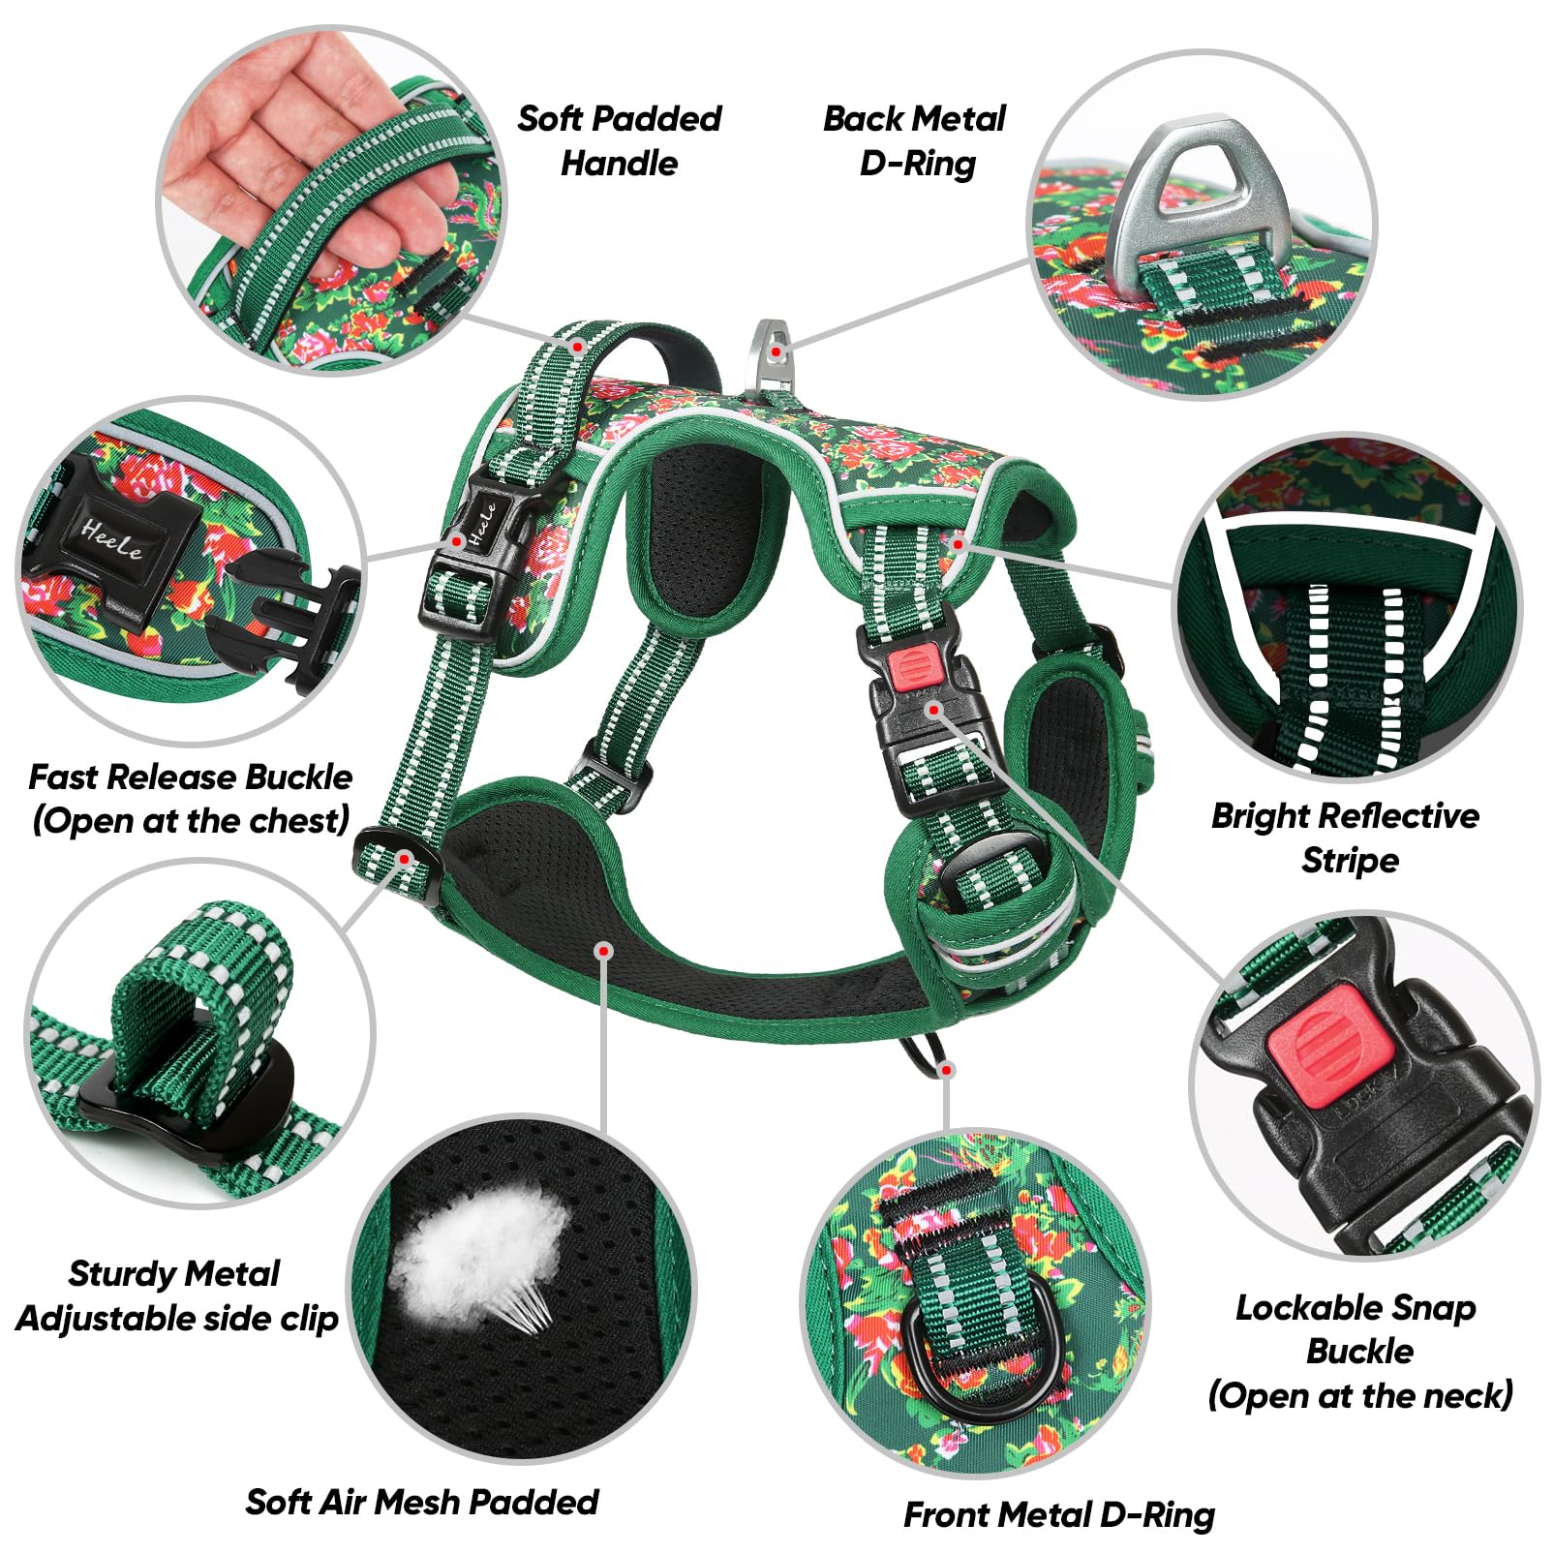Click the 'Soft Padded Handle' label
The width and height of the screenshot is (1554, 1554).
pyautogui.click(x=620, y=141)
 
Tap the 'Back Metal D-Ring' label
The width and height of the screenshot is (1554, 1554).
pyautogui.click(x=914, y=141)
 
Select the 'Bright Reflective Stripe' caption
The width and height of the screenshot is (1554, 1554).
pyautogui.click(x=1346, y=838)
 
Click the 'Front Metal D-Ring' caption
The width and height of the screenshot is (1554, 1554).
pyautogui.click(x=1058, y=1514)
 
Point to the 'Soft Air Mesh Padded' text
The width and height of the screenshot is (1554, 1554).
pyautogui.click(x=422, y=1502)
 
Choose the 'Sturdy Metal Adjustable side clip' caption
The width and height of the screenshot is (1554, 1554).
pyautogui.click(x=176, y=1295)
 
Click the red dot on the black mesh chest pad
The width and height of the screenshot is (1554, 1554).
pyautogui.click(x=604, y=951)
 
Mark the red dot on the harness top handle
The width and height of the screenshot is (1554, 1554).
pyautogui.click(x=578, y=347)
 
